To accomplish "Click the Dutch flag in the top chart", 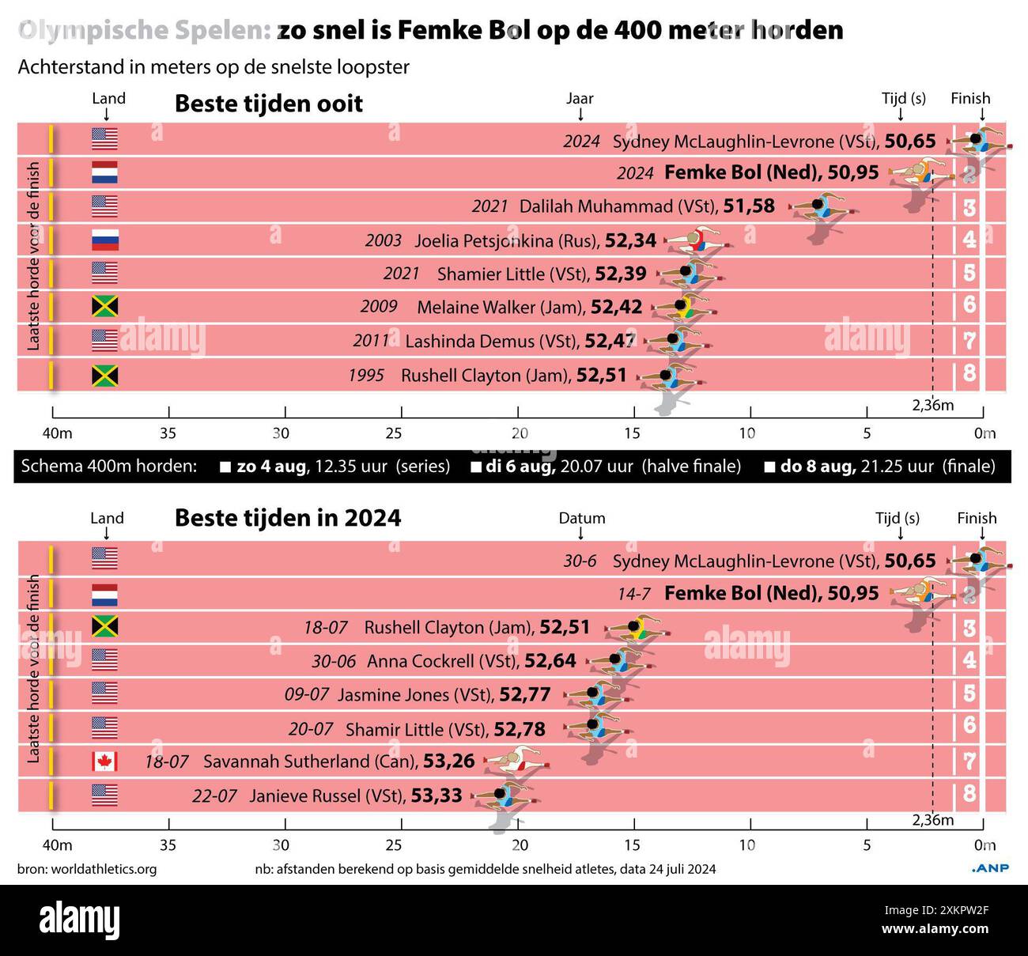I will (x=104, y=172).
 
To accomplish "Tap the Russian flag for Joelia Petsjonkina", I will (x=104, y=240).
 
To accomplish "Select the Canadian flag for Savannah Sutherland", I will (x=104, y=761).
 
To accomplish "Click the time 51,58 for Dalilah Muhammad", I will (x=749, y=206).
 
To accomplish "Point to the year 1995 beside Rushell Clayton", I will (x=366, y=375).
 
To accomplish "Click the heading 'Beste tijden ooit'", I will (x=268, y=104).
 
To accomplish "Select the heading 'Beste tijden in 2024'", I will (x=288, y=518).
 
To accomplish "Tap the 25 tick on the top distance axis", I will (x=395, y=433).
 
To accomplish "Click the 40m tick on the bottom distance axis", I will (x=57, y=845).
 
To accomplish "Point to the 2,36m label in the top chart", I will (x=932, y=406).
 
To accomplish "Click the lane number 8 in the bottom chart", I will (x=969, y=794).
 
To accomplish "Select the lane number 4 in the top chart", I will (x=969, y=240).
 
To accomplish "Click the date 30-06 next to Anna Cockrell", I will (x=333, y=661).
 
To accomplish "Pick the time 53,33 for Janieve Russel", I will (x=437, y=795).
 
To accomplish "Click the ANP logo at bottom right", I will (x=989, y=868).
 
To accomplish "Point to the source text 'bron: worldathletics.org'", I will (x=87, y=869).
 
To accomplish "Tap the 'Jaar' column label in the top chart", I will (x=580, y=99).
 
